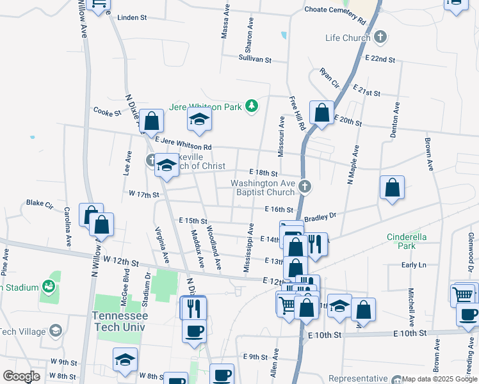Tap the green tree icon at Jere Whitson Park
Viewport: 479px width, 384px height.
[x=252, y=106]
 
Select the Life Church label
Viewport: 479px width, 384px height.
[x=348, y=38]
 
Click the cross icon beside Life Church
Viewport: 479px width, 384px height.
[x=380, y=37]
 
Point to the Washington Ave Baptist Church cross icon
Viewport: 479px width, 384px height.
[x=305, y=187]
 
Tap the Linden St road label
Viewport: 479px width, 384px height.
[x=133, y=18]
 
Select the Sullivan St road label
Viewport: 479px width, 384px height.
[x=255, y=60]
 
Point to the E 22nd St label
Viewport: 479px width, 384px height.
[x=380, y=59]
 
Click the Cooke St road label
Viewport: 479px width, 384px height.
[x=107, y=113]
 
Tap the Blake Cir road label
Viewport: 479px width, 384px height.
[x=39, y=203]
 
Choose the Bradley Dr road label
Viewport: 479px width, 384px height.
[x=320, y=217]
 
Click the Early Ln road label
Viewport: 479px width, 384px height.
[x=413, y=265]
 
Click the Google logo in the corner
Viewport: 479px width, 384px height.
[x=21, y=376]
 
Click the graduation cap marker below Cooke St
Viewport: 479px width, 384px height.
[x=199, y=119]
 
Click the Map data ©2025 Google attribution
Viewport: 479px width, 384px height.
[x=439, y=379]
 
